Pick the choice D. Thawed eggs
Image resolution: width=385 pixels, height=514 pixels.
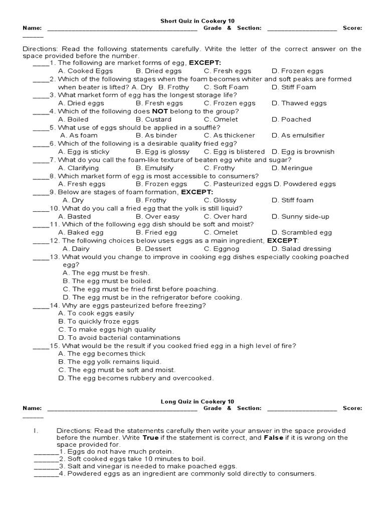click(299, 103)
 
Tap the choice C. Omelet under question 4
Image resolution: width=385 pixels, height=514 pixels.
click(221, 119)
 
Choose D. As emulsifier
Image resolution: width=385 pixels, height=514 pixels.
click(298, 136)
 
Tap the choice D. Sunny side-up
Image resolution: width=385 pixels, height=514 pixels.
click(300, 216)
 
